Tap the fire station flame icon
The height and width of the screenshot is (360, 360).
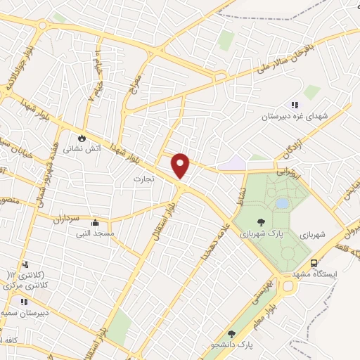coord(83,137)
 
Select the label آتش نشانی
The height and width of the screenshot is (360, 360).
coord(83,148)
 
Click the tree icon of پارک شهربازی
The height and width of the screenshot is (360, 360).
coord(261,221)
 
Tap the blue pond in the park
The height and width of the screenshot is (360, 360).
coord(282,203)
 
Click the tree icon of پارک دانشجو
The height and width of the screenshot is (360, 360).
coord(231,333)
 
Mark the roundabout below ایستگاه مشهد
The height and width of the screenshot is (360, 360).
coord(289,286)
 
